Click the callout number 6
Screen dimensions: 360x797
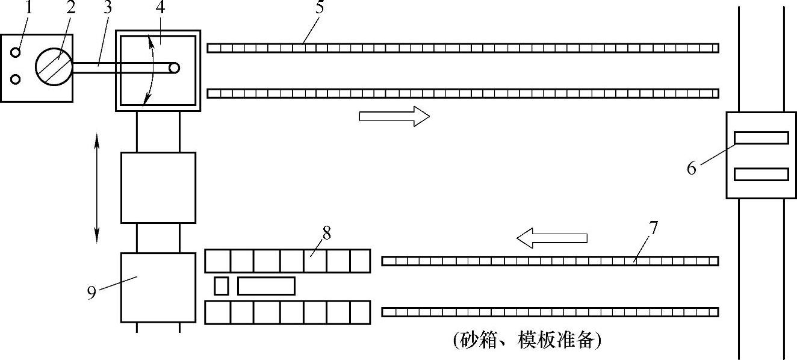692,168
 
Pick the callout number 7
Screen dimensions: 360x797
654,228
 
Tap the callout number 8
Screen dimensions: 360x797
326,232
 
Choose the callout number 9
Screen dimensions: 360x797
91,293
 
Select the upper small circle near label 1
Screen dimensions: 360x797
16,52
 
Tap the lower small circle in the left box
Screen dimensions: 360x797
16,79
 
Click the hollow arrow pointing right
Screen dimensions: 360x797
394,116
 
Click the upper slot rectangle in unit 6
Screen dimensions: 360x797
761,138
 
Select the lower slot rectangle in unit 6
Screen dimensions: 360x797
761,175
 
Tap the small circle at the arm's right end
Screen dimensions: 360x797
175,68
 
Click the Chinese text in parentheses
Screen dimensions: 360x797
527,341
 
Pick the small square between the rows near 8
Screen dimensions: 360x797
221,286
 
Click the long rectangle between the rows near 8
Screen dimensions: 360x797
266,286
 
